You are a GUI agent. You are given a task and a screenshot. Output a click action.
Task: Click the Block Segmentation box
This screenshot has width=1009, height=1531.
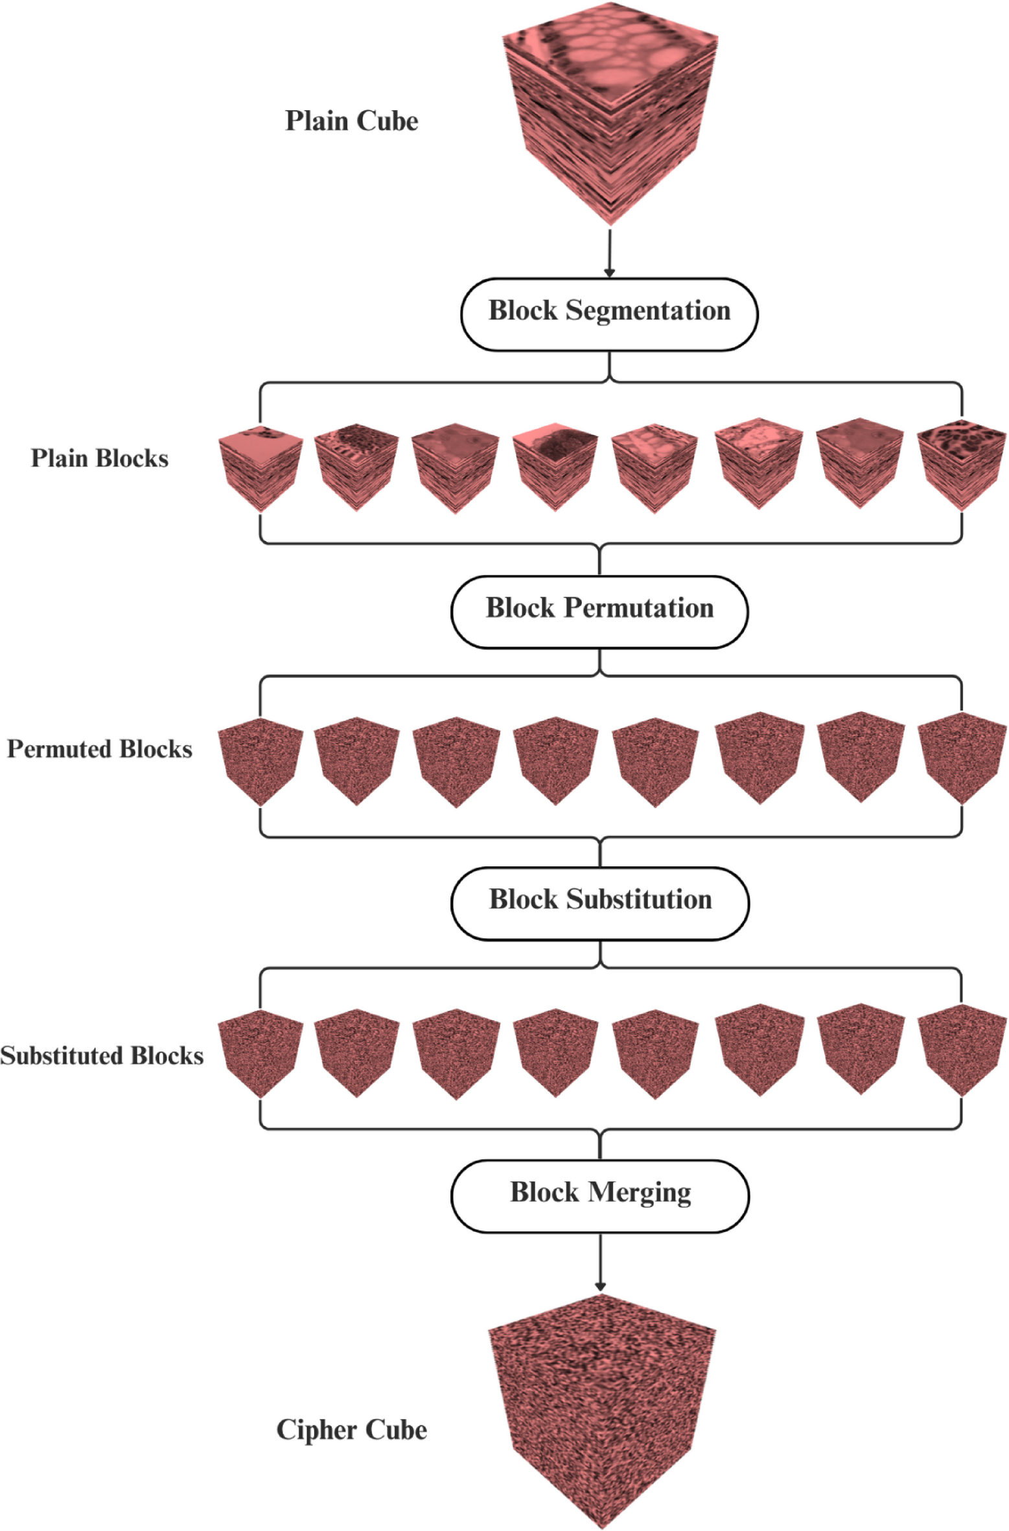tap(609, 314)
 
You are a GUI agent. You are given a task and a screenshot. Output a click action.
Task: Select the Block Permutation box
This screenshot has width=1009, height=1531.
tap(599, 612)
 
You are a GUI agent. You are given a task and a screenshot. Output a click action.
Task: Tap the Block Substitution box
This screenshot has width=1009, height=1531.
tap(599, 903)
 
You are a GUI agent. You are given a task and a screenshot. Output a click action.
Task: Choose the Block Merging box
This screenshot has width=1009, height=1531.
tap(599, 1196)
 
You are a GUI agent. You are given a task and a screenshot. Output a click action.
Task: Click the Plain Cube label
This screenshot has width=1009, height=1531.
tap(351, 121)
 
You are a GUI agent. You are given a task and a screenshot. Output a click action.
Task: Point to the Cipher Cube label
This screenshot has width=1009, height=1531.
tap(351, 1429)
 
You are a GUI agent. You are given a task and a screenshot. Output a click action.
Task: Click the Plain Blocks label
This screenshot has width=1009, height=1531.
tap(99, 458)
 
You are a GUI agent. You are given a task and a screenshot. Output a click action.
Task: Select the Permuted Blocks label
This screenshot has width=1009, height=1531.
tap(99, 749)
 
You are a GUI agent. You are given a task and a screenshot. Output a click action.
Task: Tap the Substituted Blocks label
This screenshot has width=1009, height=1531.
tap(102, 1055)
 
